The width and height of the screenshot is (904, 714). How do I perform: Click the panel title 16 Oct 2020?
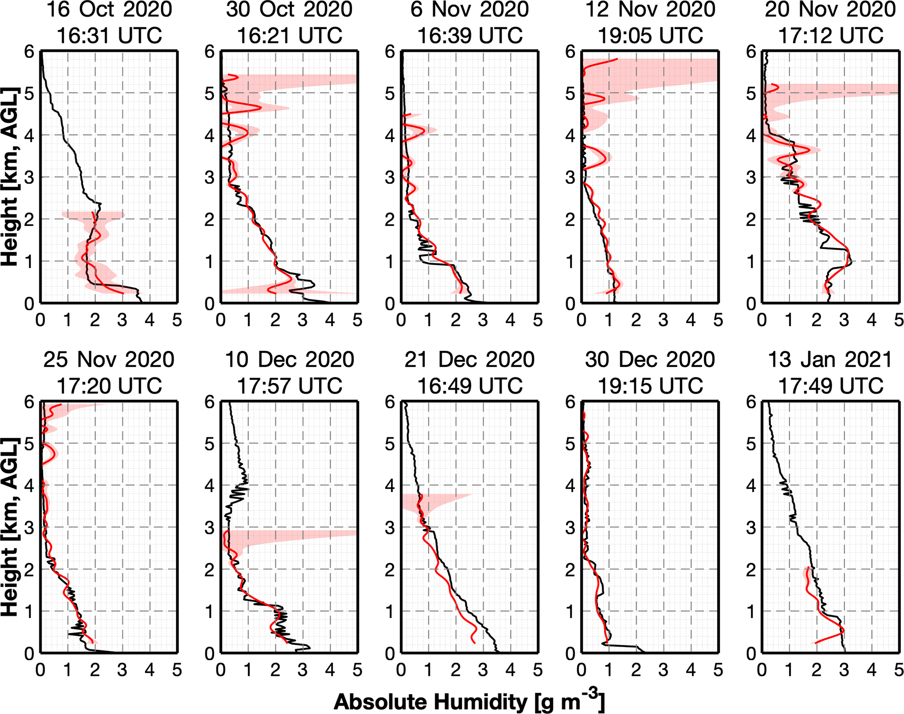(109, 10)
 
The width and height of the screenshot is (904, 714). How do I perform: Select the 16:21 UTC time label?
(289, 35)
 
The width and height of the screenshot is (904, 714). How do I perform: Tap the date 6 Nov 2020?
(469, 10)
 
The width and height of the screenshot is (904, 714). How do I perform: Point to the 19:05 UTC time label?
(650, 35)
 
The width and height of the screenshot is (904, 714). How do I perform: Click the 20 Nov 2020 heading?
(830, 10)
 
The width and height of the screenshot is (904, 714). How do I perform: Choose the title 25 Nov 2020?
(109, 359)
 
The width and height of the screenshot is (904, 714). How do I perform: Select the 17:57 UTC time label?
(289, 386)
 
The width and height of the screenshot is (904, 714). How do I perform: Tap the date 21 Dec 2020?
(469, 359)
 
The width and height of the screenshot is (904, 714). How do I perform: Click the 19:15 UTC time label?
(650, 386)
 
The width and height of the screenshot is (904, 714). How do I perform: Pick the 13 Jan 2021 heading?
(830, 359)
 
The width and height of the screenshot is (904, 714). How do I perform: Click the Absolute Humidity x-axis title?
(469, 702)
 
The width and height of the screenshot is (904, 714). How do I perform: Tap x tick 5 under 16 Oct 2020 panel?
(177, 320)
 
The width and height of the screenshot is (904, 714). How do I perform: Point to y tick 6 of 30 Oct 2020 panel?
(210, 52)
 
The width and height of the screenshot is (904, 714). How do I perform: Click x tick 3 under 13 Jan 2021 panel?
(844, 670)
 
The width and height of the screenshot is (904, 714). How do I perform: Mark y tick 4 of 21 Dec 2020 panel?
(390, 485)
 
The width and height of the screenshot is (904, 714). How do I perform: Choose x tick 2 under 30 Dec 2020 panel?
(636, 670)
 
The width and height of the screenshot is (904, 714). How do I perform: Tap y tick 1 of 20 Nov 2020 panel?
(751, 261)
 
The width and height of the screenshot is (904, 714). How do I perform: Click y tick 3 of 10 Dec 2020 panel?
(210, 528)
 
